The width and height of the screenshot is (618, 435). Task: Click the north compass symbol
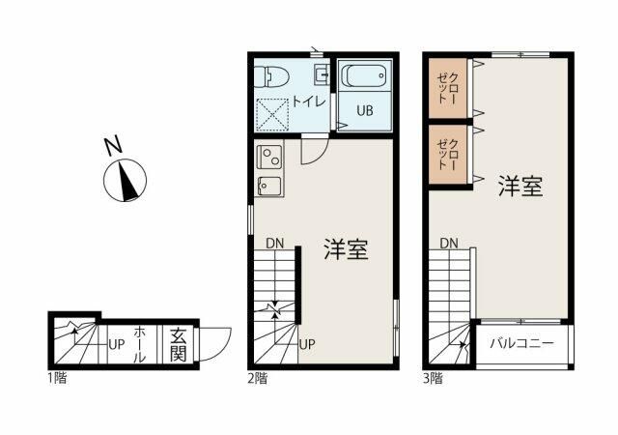pos(126,181)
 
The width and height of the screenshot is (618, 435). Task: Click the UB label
pos(364,110)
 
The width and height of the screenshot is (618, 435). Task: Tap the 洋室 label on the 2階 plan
pos(345,250)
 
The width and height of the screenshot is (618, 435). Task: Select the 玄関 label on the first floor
pos(179,342)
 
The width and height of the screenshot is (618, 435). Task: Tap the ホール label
pos(140,342)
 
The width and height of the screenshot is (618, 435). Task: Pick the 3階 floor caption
pos(432,379)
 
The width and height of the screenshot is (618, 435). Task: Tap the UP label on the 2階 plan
pos(307,343)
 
